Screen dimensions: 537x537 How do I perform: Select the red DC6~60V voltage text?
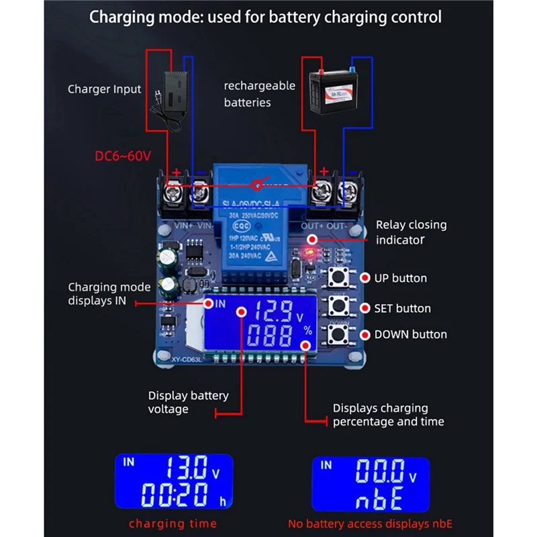point(124,156)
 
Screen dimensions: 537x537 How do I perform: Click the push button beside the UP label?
point(340,279)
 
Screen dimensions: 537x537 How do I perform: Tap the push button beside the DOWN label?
point(340,334)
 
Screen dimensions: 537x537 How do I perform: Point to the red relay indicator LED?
point(309,253)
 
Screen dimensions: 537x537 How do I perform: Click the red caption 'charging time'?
point(173,524)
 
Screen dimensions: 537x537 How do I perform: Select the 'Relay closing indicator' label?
point(411,232)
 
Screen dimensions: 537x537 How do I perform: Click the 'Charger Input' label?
point(104,89)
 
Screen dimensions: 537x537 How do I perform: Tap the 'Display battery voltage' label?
point(188,402)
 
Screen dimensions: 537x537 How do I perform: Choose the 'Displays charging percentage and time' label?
point(388,415)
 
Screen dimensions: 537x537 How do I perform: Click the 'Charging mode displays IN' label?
point(109,294)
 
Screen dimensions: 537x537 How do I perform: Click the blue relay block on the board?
point(255,222)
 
